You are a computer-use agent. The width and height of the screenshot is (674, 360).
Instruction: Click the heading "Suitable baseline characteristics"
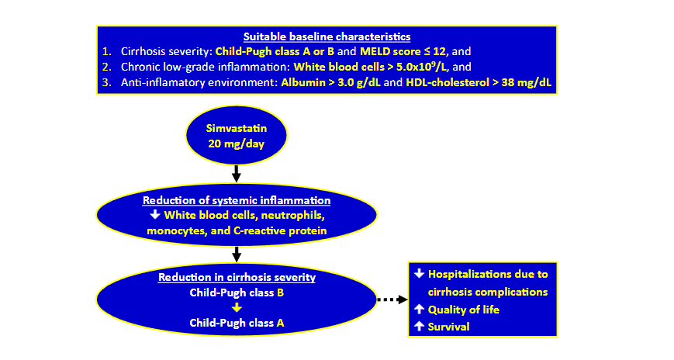326,36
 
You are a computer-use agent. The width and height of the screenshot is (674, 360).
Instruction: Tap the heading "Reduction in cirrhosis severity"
236,277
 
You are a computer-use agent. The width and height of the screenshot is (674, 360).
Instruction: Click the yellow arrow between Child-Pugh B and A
236,307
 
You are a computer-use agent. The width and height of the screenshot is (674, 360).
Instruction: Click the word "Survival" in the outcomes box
449,325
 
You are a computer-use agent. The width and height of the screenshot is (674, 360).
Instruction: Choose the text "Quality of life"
463,309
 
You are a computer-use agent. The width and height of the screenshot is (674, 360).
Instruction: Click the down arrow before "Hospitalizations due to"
419,274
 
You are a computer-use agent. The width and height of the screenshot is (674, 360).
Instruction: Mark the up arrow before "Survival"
419,325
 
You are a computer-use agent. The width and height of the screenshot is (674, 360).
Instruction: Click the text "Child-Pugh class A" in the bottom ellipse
236,322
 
